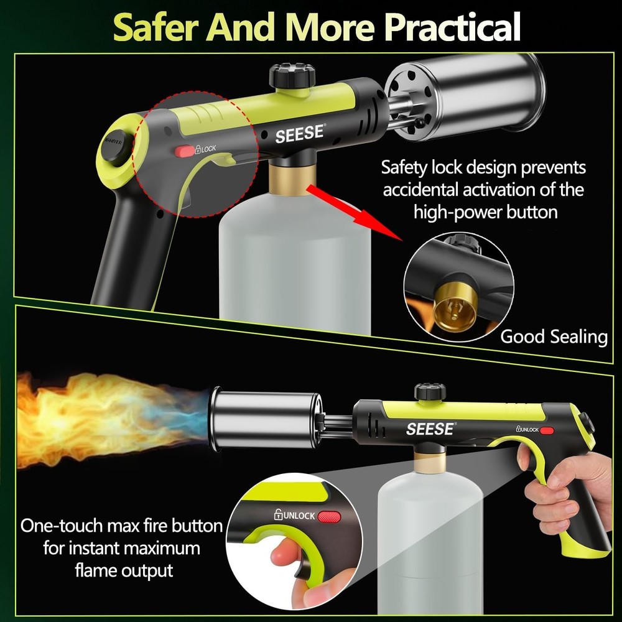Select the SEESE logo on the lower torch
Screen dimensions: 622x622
pyautogui.click(x=430, y=429)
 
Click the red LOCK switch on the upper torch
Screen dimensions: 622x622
pyautogui.click(x=185, y=151)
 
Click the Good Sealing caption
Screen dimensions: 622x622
pyautogui.click(x=554, y=337)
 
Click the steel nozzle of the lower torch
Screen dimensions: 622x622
pyautogui.click(x=265, y=417)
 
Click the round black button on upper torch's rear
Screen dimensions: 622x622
pyautogui.click(x=114, y=147)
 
